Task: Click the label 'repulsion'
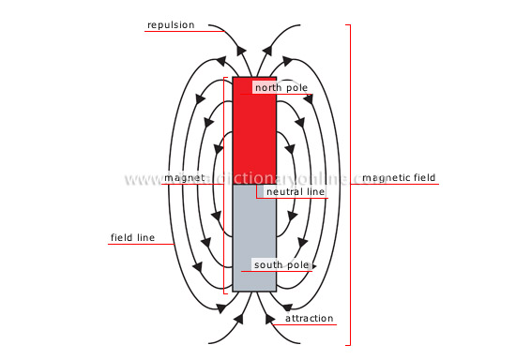170,24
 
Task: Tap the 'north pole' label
281,87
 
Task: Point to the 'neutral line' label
296,191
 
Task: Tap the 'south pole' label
281,265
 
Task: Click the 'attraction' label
309,318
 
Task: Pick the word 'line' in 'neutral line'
314,191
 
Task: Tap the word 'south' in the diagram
269,265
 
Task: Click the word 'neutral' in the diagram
284,191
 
